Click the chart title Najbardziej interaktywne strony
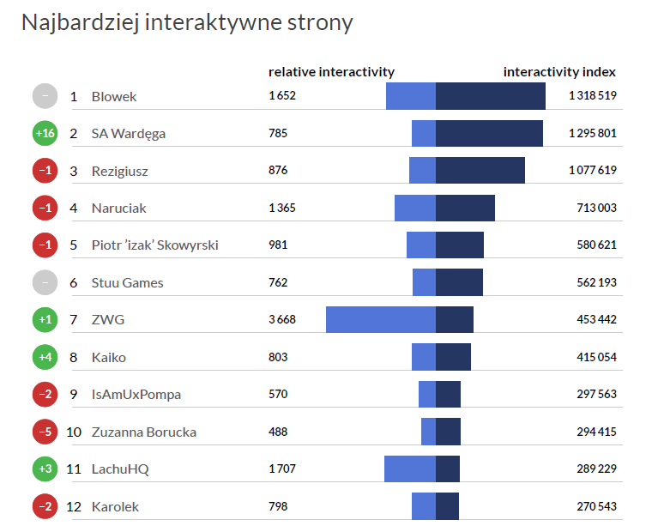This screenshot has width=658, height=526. coord(186,22)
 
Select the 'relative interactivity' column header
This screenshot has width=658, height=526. coord(331,72)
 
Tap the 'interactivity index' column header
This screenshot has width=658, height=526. coord(559,72)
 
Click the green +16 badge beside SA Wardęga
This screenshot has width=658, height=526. coord(45,134)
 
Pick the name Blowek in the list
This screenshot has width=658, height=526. coord(114,97)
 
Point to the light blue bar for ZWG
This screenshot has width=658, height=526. coord(380,320)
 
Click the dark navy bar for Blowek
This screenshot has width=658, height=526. coord(490,96)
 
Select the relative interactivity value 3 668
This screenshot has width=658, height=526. coord(282,320)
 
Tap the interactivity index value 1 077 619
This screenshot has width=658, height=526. coord(593,171)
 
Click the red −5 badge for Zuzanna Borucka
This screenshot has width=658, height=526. coord(45,432)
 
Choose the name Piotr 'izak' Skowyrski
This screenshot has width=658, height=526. coord(154,245)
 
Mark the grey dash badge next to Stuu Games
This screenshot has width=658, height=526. coord(45,282)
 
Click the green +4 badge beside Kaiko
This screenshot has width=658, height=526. coord(45,357)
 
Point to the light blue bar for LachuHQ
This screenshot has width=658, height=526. coord(409,469)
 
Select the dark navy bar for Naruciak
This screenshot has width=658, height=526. coord(465,208)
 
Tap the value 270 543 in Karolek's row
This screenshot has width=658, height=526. coord(596,506)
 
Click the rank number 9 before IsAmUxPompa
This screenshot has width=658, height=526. coord(74,395)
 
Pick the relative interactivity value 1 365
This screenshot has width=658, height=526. coord(282,209)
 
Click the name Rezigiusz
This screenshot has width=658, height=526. coord(119,172)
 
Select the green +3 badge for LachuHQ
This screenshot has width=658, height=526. coord(45,469)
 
